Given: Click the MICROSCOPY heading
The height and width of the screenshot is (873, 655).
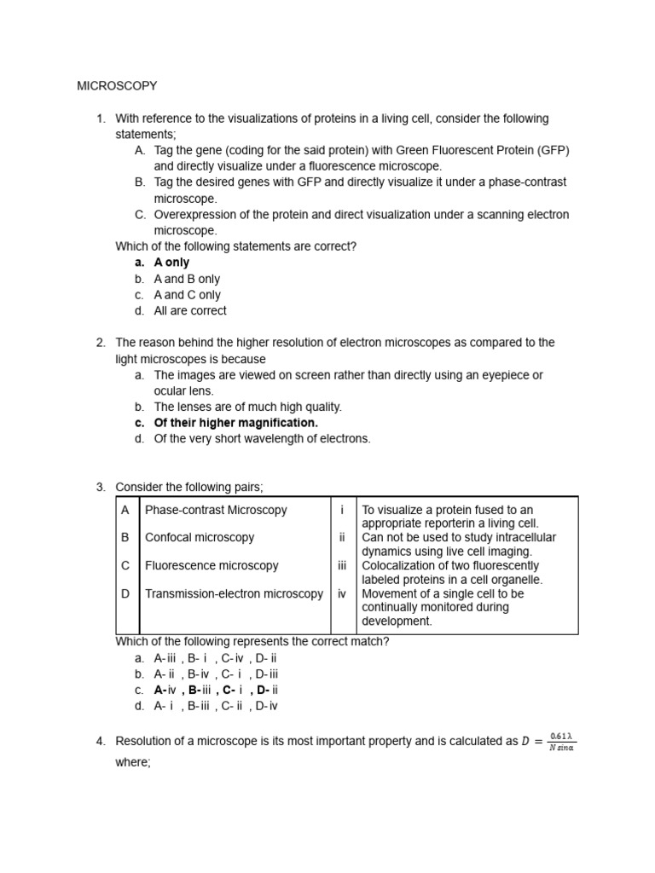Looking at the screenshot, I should point(117,86).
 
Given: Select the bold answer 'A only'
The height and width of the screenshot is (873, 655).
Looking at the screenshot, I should point(171,263).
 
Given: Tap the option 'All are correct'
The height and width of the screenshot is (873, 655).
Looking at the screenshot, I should point(190,310).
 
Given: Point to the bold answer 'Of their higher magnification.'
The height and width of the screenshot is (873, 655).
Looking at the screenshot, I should point(235,423).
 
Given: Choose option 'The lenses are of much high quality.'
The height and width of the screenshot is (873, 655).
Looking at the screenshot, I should point(247,407).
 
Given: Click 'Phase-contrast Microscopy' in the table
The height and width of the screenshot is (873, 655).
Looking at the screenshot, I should point(216,510).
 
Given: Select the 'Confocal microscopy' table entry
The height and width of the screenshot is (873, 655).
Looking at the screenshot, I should point(200,537).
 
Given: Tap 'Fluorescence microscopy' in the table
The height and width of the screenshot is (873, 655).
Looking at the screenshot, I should point(212,565).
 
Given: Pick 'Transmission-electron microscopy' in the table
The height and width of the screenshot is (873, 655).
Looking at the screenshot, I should point(234,593).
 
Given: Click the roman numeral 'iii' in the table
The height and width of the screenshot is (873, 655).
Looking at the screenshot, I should point(342,565).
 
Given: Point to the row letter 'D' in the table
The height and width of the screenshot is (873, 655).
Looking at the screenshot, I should point(125,593).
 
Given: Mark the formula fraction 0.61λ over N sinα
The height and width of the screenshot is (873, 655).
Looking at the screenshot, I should point(561,742).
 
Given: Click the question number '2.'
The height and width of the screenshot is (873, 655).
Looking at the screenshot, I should point(101,343).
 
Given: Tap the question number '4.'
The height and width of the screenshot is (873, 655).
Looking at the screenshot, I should point(101,741).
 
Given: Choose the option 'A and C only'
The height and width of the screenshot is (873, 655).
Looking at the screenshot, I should point(187,295).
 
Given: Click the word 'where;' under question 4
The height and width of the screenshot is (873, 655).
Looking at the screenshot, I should point(133,762).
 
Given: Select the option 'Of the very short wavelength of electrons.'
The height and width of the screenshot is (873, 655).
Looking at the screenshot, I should point(262,439).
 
